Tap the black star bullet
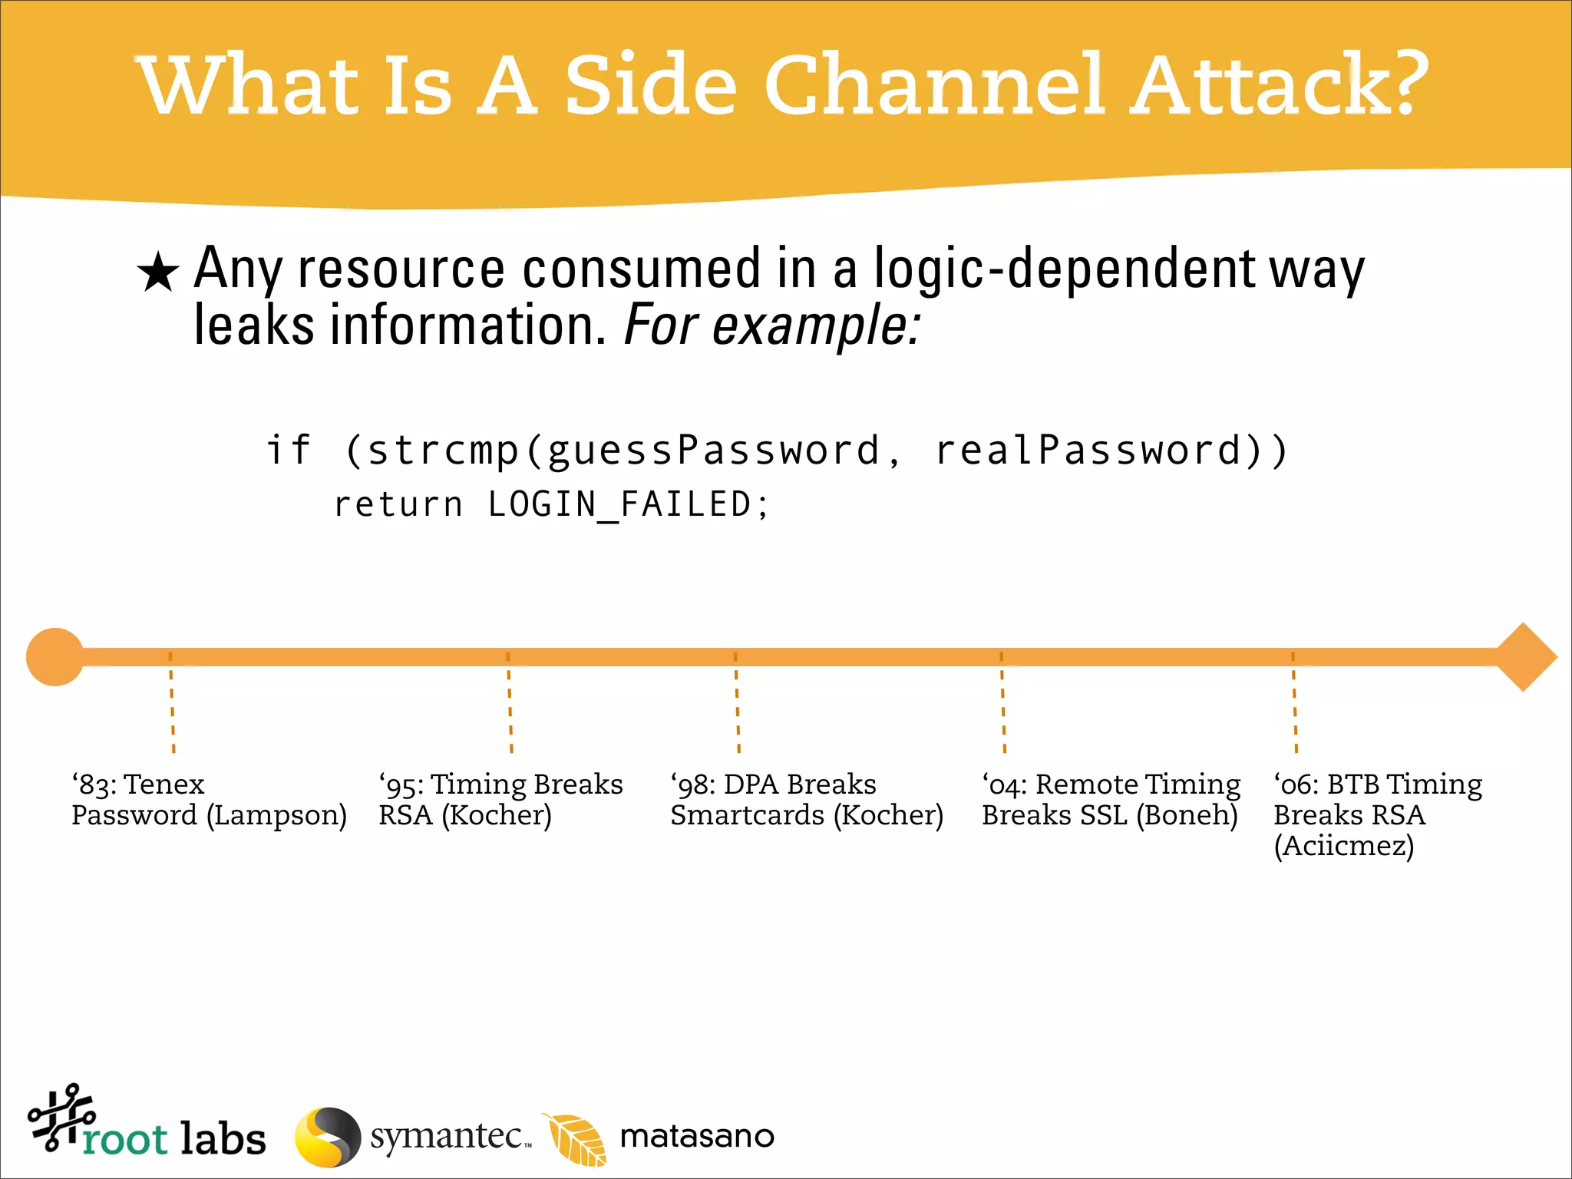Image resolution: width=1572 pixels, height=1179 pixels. coord(158,272)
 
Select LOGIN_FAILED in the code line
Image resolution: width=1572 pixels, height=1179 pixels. coord(619,505)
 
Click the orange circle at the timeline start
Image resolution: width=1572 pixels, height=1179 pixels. coord(54,657)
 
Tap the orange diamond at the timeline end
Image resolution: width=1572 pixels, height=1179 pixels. coord(1524,657)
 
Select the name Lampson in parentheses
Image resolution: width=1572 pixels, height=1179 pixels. coord(277,816)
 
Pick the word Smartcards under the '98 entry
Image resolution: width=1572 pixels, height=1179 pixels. coord(747,816)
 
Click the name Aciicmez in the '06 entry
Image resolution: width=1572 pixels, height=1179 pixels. coord(1343,847)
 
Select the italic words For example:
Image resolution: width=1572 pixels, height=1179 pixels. coord(771,326)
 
